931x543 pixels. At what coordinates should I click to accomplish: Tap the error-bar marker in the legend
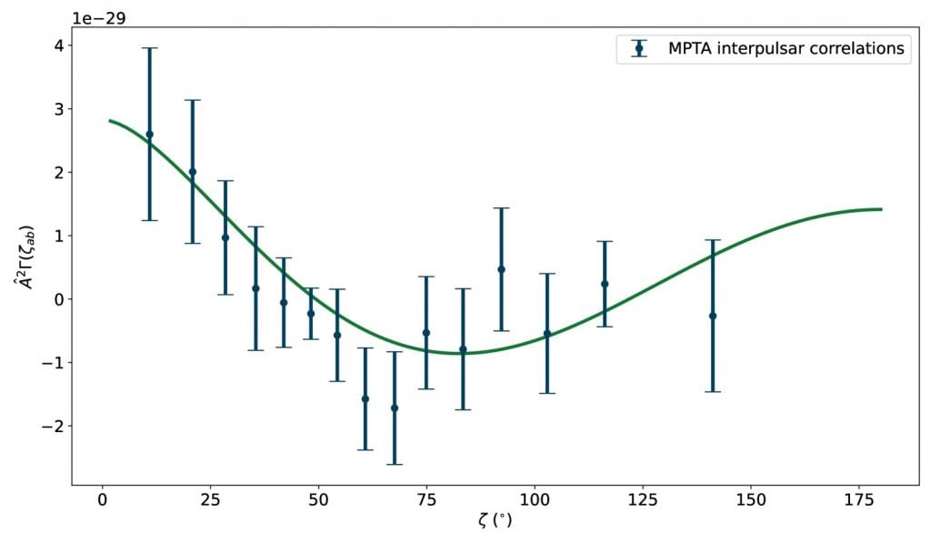pos(639,49)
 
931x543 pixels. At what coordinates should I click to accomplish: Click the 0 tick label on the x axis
pos(102,499)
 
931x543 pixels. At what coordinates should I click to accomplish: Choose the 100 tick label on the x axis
pos(535,499)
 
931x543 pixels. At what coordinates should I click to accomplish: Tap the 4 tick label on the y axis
pos(55,45)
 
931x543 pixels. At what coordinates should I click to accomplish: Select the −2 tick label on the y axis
pos(50,426)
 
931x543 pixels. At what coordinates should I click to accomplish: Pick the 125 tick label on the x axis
pos(643,499)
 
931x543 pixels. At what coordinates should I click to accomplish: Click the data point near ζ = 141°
pos(713,316)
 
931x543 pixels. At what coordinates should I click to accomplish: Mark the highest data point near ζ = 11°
pos(150,134)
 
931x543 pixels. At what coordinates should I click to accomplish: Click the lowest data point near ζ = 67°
pos(395,407)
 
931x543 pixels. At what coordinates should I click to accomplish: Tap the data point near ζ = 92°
pos(501,269)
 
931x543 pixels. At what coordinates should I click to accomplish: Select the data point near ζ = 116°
pos(605,284)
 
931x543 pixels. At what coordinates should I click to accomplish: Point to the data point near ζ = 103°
pos(547,333)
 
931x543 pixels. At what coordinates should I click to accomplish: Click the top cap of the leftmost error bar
pos(150,48)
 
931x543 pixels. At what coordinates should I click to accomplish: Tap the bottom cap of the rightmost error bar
pos(713,391)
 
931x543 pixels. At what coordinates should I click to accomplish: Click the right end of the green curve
pos(881,209)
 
